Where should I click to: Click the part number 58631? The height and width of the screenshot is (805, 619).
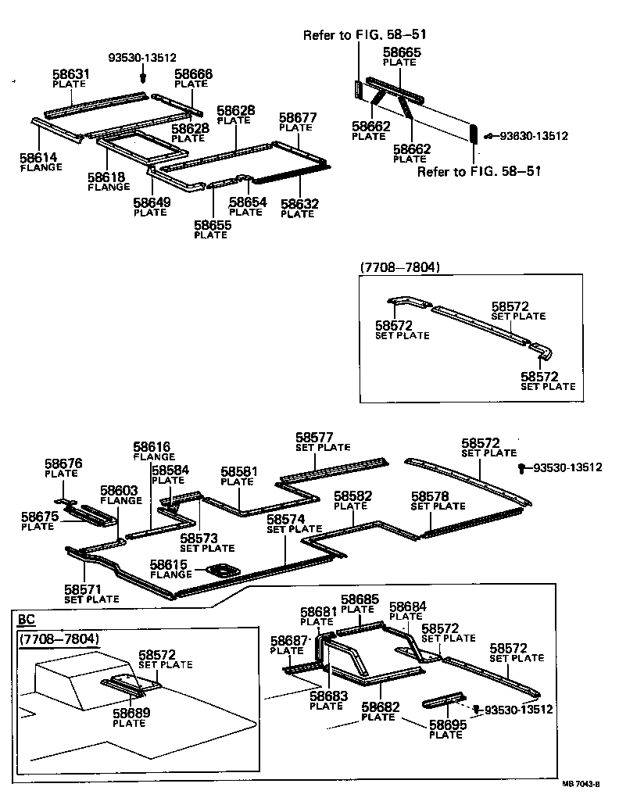pyautogui.click(x=71, y=75)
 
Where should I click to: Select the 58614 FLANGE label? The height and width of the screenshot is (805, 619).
pyautogui.click(x=40, y=162)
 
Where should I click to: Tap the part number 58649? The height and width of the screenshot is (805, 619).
pyautogui.click(x=151, y=207)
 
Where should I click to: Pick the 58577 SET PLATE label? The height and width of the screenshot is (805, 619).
pyautogui.click(x=322, y=442)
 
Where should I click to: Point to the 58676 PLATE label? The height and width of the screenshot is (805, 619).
pyautogui.click(x=63, y=467)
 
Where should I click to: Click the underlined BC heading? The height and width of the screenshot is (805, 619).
pyautogui.click(x=26, y=619)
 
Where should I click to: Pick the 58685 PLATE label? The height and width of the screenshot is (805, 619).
pyautogui.click(x=360, y=603)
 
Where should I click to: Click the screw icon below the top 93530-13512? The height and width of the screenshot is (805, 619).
pyautogui.click(x=143, y=77)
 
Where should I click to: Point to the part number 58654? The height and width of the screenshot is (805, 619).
pyautogui.click(x=247, y=206)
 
